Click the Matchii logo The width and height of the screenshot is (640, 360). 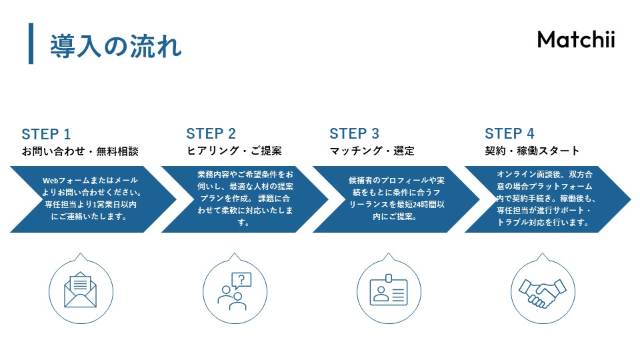coord(575,39)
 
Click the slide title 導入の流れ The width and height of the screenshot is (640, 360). coord(115,46)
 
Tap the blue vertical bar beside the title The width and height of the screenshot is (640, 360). coord(31,43)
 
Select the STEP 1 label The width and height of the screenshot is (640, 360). coord(46,133)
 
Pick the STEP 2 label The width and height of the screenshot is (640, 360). coord(211,133)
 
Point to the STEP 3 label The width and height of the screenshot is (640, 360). coord(354,133)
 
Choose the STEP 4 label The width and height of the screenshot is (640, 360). coord(509,133)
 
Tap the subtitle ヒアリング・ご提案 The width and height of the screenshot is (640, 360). coord(234,151)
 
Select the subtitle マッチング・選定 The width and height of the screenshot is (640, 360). coord(372,151)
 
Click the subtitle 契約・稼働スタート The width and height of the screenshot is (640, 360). coord(532,151)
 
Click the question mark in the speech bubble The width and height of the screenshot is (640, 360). coord(241,279)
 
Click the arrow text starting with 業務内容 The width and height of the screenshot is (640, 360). coord(245,199)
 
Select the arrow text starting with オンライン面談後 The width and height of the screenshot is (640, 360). coord(545,199)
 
